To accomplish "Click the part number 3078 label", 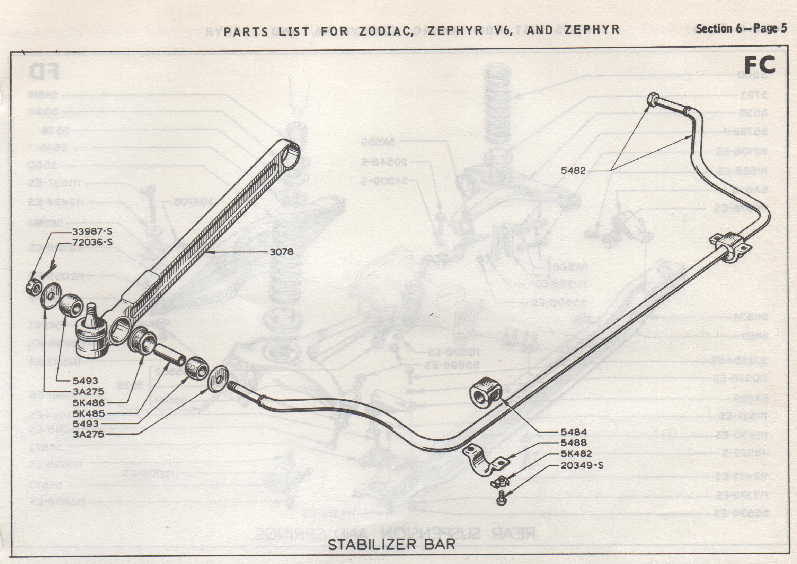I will [282, 252].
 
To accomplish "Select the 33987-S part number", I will [92, 231].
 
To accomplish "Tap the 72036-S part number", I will [92, 242].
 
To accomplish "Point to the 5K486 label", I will [89, 403].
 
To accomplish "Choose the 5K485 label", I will [89, 413].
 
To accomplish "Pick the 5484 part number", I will [574, 432].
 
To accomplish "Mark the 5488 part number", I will [574, 443].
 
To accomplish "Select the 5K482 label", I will [576, 454].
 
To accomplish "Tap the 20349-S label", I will [582, 465].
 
